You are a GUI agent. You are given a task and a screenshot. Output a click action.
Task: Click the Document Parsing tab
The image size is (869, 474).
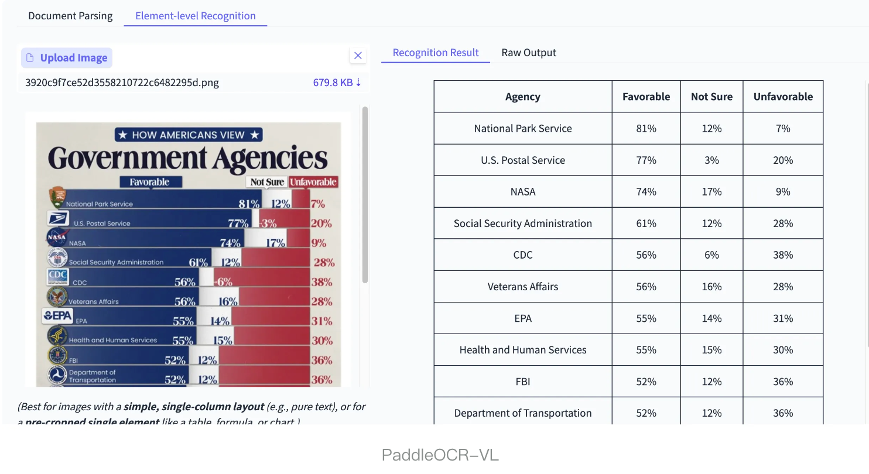(70, 16)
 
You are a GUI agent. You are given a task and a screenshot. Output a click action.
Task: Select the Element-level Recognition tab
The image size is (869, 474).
(195, 16)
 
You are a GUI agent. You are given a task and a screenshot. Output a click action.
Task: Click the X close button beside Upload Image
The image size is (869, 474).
(358, 56)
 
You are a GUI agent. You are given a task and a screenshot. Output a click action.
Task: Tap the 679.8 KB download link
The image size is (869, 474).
(337, 83)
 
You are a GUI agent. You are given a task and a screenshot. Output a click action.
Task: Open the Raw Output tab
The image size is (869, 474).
(529, 53)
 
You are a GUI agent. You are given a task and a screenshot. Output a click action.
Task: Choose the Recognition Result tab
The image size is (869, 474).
(436, 53)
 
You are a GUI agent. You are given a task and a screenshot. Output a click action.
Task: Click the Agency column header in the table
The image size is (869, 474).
(522, 97)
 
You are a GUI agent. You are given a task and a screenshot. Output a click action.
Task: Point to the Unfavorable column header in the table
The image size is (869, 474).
(783, 97)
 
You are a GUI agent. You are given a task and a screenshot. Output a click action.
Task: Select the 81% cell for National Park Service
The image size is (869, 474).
(646, 128)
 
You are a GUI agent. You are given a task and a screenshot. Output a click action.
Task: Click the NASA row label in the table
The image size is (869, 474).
(522, 191)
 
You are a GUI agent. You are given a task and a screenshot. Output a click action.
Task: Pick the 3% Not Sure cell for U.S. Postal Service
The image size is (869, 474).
(711, 160)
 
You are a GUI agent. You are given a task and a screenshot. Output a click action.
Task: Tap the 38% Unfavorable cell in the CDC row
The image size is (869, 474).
(783, 255)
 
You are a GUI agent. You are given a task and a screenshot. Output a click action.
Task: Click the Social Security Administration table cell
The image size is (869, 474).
(522, 223)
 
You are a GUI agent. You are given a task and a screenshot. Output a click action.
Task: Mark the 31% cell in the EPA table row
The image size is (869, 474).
(783, 318)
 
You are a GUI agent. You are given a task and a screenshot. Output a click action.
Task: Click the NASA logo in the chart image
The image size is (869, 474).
(57, 238)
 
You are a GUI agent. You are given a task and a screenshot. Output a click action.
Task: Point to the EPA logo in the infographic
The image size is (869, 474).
(58, 316)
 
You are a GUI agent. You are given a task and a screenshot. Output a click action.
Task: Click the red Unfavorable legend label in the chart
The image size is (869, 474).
(313, 182)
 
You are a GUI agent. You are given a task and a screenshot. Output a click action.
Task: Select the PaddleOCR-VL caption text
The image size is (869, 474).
(440, 455)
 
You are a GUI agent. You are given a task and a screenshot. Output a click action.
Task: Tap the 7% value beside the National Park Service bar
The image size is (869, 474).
(318, 204)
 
